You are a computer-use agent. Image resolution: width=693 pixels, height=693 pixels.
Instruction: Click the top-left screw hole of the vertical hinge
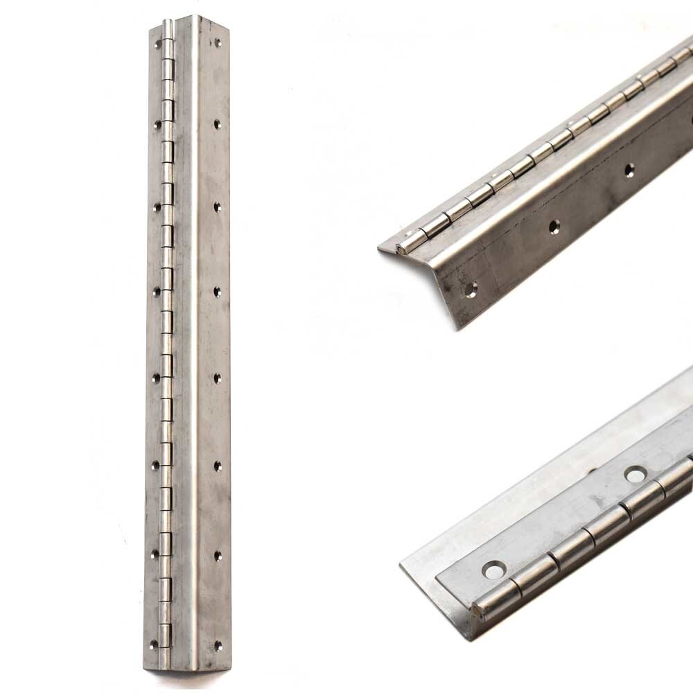click(158, 43)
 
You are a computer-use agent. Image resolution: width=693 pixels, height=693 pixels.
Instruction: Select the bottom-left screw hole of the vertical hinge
click(155, 644)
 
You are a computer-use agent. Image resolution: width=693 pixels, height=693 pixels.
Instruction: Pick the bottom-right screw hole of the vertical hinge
click(218, 644)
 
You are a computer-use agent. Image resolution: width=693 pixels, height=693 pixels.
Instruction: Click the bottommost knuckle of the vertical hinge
click(165, 633)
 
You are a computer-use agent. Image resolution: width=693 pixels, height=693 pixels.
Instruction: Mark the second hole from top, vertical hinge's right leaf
click(218, 125)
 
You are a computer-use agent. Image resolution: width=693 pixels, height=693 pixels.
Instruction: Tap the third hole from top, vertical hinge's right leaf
click(218, 207)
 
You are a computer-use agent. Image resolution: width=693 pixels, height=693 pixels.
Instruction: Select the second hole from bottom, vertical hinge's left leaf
click(155, 554)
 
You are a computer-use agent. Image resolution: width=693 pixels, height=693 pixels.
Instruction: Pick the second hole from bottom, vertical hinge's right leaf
click(218, 555)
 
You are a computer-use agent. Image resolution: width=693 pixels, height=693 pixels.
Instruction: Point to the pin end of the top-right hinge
click(401, 247)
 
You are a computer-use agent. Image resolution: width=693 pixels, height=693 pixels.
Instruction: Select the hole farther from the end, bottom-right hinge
click(634, 474)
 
